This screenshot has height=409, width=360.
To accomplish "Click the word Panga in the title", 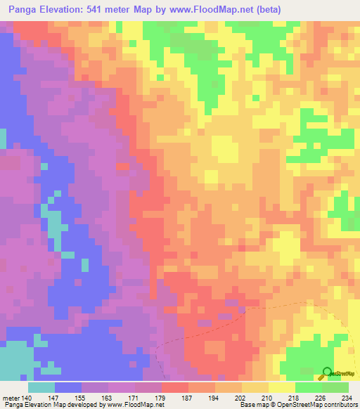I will click(x=23, y=9).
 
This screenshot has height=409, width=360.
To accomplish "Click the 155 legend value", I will click(x=81, y=398).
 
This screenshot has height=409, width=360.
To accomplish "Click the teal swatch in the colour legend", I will click(x=41, y=387).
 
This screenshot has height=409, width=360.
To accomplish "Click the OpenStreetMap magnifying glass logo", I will click(x=328, y=373).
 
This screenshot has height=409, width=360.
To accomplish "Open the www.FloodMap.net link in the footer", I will click(x=134, y=405).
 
